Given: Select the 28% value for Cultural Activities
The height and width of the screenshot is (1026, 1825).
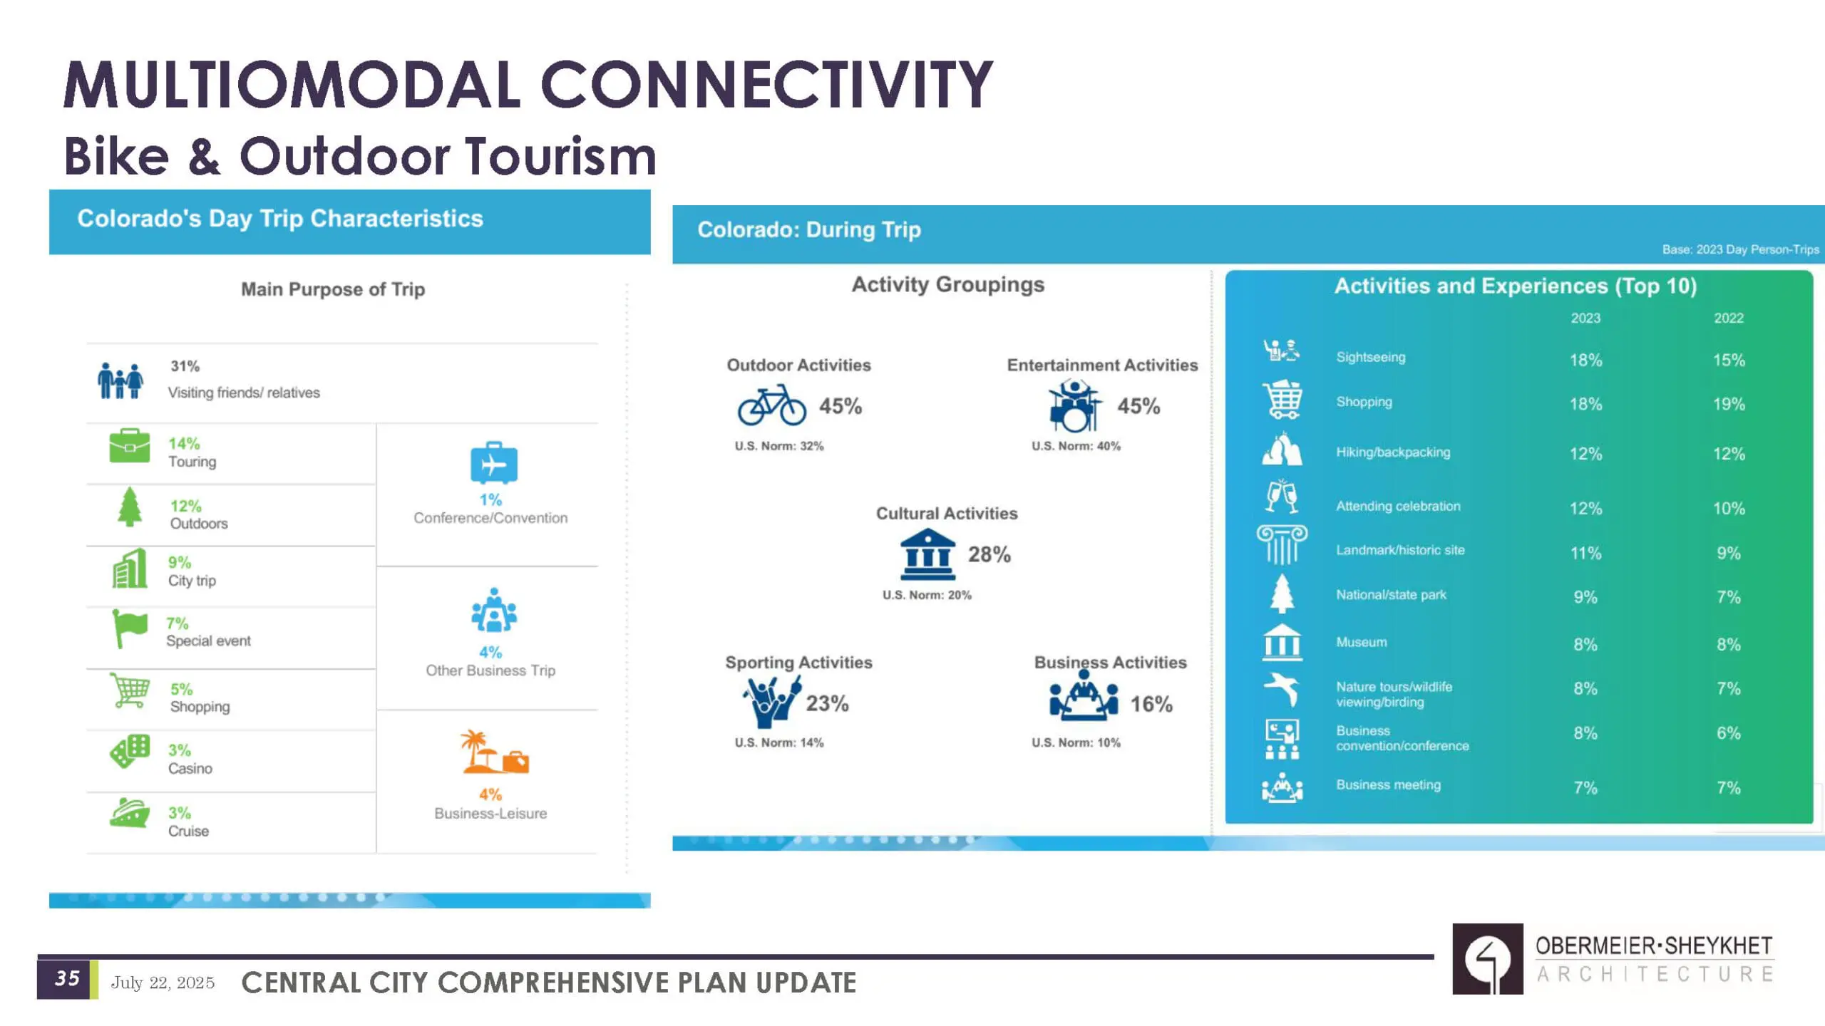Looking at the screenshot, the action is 989,554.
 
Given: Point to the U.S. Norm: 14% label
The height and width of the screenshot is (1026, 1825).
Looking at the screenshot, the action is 779,742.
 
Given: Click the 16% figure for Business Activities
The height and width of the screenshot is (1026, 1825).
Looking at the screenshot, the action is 1151,704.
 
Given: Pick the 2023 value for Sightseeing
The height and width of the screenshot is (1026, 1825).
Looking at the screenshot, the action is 1585,360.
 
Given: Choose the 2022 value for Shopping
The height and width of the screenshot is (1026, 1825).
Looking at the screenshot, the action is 1729,404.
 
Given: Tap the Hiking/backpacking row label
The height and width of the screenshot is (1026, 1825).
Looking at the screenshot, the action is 1393,452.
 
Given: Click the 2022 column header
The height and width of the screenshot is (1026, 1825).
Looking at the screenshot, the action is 1729,318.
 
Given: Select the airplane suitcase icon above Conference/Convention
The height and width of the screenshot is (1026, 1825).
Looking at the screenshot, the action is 493,463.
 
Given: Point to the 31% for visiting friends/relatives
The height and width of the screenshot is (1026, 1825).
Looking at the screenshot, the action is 185,366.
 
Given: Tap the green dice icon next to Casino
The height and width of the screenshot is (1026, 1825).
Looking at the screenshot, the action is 130,751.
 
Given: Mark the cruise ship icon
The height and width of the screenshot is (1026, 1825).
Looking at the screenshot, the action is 129,812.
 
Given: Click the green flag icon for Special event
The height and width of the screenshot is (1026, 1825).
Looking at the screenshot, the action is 130,628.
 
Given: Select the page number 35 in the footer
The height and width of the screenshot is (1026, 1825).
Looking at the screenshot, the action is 68,978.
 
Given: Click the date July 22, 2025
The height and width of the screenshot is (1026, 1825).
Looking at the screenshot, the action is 163,983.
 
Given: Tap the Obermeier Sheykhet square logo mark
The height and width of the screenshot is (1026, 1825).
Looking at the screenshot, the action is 1488,959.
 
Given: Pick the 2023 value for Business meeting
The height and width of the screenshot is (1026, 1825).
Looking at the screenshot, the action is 1585,787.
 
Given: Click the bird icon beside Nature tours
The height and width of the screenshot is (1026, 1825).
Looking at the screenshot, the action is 1282,689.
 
